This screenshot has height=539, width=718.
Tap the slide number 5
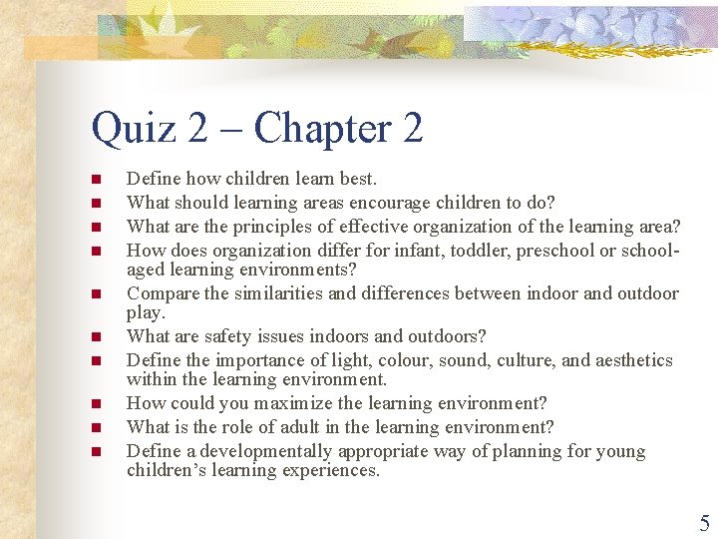click(704, 523)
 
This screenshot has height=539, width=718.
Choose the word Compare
click(164, 293)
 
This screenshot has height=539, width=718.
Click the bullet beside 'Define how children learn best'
click(97, 180)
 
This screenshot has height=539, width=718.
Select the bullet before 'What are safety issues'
click(97, 337)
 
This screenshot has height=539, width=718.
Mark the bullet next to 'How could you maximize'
click(97, 404)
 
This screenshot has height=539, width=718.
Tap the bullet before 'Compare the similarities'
click(97, 294)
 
